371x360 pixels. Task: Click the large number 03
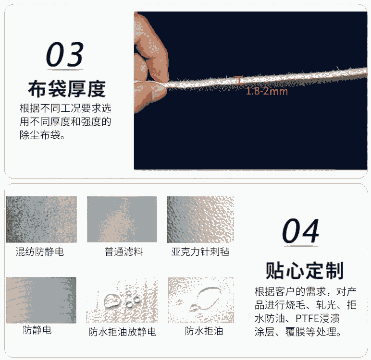pos(65,54)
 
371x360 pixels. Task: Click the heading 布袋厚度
pos(67,89)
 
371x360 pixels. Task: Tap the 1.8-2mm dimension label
pos(267,91)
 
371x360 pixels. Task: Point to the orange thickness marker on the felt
pos(239,80)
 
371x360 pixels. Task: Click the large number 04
pos(300,231)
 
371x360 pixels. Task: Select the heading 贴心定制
pos(305,271)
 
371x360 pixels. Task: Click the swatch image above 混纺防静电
pos(41,219)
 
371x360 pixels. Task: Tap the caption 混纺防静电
pos(40,252)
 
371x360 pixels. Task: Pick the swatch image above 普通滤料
pos(122,219)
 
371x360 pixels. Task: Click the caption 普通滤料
pos(124,252)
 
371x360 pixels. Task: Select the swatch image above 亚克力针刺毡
pos(200,219)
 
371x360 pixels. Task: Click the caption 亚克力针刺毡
pos(200,252)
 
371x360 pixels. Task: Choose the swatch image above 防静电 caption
pos(41,300)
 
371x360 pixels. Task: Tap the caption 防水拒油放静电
pos(123,332)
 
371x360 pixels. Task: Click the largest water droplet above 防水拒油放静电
pos(111,301)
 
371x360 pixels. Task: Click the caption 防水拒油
pos(204,331)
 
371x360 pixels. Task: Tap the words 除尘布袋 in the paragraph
pos(40,135)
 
